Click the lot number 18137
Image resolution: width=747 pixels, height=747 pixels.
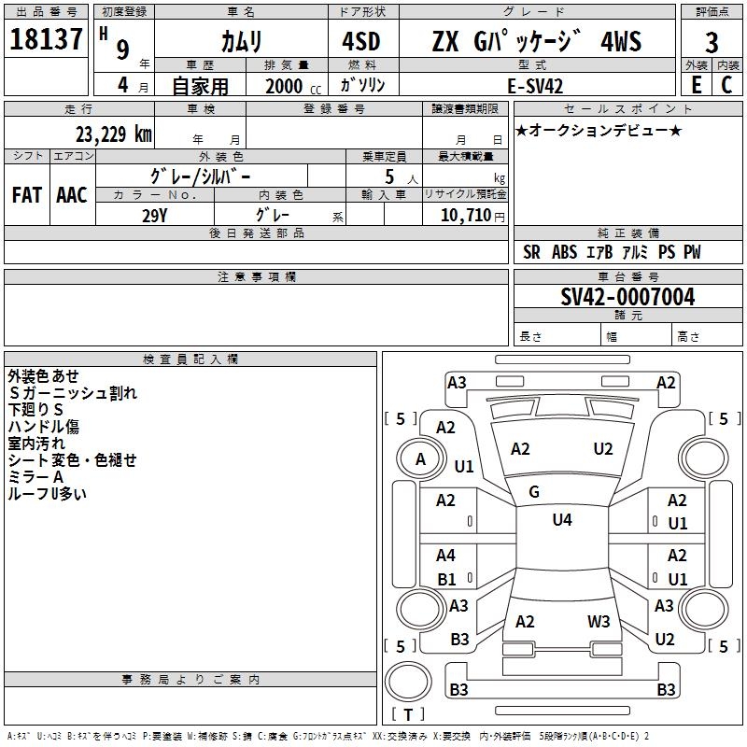[46, 39]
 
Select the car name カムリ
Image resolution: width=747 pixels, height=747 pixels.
[241, 41]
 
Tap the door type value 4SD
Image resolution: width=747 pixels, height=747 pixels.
[362, 41]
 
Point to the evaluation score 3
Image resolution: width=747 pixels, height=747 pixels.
[712, 43]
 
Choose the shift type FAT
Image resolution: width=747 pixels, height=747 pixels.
[26, 195]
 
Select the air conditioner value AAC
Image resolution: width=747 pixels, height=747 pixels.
[71, 195]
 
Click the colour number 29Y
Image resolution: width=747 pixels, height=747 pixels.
[155, 215]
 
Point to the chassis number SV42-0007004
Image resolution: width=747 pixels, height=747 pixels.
[627, 297]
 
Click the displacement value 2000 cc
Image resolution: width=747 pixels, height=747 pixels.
[290, 86]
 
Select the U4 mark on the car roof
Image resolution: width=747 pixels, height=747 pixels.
[562, 519]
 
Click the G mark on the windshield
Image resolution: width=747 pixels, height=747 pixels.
[534, 491]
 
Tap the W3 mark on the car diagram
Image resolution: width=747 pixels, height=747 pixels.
[599, 621]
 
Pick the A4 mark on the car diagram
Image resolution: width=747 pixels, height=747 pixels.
[446, 556]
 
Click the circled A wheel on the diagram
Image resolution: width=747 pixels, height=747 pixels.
[420, 458]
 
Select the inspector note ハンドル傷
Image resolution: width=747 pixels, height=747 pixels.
[44, 427]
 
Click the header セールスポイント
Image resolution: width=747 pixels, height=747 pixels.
[627, 109]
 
